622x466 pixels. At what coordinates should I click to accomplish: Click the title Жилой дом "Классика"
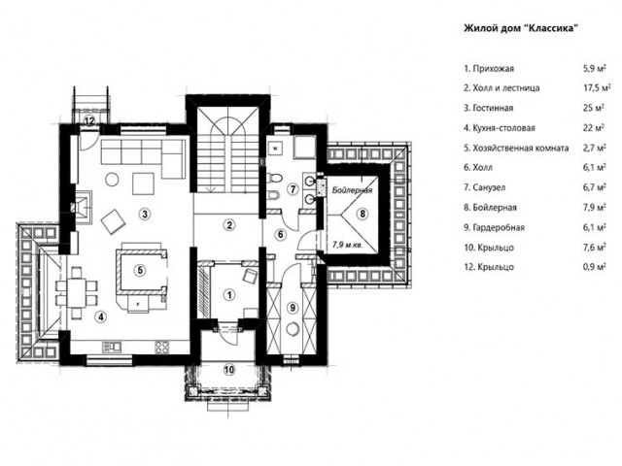[x=520, y=28]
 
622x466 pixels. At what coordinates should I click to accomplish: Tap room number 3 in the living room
[x=145, y=214]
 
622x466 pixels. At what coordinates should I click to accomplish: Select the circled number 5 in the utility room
[x=140, y=271]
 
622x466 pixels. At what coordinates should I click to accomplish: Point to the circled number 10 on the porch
[x=229, y=370]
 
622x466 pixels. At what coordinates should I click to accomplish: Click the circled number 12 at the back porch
[x=89, y=120]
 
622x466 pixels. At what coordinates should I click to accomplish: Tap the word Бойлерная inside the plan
[x=352, y=190]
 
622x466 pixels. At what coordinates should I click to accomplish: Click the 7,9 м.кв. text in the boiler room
[x=348, y=246]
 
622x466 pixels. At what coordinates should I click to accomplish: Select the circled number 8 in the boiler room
[x=363, y=214]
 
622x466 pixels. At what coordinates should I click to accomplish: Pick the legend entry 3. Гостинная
[x=489, y=108]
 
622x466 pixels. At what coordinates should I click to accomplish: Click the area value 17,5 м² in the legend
[x=597, y=87]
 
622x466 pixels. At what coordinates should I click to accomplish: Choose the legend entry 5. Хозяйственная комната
[x=516, y=148]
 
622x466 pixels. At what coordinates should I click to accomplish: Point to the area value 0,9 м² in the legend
[x=594, y=267]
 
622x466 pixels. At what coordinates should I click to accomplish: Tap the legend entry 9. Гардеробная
[x=495, y=227]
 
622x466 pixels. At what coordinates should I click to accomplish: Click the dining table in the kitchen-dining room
[x=77, y=292]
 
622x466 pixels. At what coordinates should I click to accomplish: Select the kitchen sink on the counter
[x=112, y=348]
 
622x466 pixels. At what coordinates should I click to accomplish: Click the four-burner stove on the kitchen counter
[x=162, y=348]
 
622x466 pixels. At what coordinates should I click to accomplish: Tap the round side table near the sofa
[x=112, y=180]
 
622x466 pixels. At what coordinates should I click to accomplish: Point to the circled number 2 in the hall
[x=229, y=225]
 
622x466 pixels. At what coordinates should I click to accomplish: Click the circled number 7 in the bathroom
[x=293, y=189]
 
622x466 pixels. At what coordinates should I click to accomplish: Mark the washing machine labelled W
[x=276, y=149]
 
